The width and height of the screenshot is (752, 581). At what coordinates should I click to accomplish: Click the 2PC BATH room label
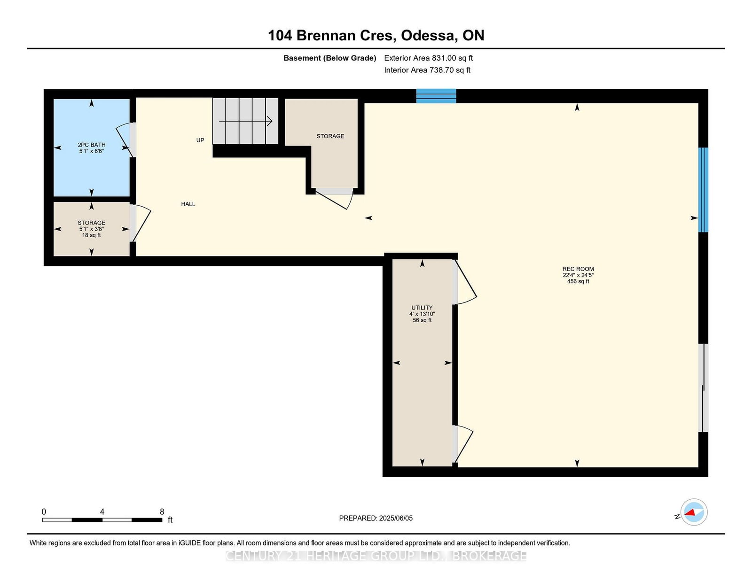coord(91,145)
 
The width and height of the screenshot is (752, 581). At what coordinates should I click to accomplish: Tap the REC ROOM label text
coord(578,269)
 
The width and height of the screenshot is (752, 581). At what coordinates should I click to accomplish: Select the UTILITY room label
coord(422,308)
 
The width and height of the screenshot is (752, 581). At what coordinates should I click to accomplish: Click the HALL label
coord(188,204)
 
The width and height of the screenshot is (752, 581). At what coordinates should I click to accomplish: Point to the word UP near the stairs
coord(200,140)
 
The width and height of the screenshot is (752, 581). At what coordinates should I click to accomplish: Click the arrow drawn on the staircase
coord(245,121)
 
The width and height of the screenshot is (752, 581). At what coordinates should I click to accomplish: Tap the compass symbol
coord(694,512)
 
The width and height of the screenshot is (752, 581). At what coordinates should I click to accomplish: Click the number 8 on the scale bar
coord(162,511)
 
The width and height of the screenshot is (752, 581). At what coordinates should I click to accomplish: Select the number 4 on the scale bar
coord(102,511)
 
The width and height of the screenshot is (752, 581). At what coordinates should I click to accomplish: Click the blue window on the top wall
coord(436,96)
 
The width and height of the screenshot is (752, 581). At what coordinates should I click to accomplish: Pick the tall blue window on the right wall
coord(703,190)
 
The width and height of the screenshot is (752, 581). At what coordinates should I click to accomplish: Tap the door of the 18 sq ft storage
coord(140,223)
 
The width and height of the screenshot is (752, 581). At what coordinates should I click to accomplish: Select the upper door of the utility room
coord(465,282)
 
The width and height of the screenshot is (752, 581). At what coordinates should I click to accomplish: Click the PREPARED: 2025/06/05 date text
coord(376,518)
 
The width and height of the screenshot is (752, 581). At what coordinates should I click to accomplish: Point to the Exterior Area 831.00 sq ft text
coord(429,58)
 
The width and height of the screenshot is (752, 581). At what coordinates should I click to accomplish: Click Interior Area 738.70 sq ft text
coord(427,70)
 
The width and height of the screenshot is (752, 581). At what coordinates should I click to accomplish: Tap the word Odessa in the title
coord(428,36)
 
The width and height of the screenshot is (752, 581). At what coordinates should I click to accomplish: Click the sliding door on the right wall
coord(703,387)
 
